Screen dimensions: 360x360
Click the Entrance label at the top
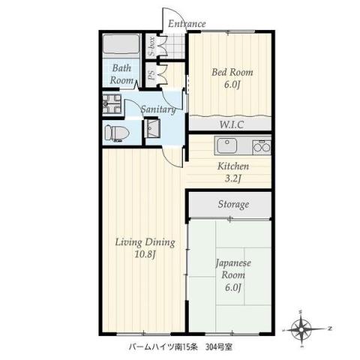[x=187, y=24]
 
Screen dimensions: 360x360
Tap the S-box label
[x=151, y=46]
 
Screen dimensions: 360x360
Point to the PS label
[x=151, y=75]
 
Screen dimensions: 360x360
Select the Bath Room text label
[x=122, y=74]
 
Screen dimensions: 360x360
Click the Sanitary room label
[x=158, y=109]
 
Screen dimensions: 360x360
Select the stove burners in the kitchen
[x=262, y=145]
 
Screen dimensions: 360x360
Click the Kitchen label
[x=233, y=166]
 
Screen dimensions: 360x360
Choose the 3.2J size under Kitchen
[x=233, y=180]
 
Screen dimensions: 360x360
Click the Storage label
[x=233, y=205]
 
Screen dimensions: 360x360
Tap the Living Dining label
[x=145, y=242]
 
